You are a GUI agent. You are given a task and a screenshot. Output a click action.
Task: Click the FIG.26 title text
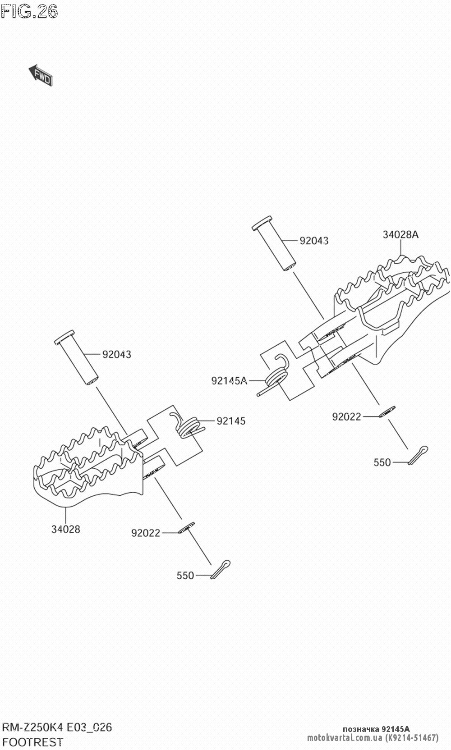coord(30,12)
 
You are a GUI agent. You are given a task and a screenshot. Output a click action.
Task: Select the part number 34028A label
coord(400,234)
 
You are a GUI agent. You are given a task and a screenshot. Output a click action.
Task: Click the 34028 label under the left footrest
coord(65,529)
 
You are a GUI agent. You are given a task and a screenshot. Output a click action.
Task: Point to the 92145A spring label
coord(229,381)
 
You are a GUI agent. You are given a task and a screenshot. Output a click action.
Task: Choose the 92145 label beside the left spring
coord(231,421)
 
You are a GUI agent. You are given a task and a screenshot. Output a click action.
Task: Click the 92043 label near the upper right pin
coord(314,241)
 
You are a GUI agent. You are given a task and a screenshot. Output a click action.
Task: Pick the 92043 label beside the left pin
coord(116,355)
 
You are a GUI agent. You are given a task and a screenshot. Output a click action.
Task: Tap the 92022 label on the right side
coord(346,417)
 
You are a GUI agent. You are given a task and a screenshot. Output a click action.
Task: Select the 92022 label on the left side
coord(146,533)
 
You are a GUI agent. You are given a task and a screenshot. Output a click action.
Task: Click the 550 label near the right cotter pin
coord(382,462)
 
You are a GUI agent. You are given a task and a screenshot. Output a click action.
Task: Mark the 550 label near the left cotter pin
coord(185,576)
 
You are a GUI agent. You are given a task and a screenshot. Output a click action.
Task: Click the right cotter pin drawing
coord(418,454)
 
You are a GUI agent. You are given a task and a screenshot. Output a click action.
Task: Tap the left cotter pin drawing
coord(221,569)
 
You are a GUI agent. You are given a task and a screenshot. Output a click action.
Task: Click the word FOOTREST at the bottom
coord(33,741)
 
